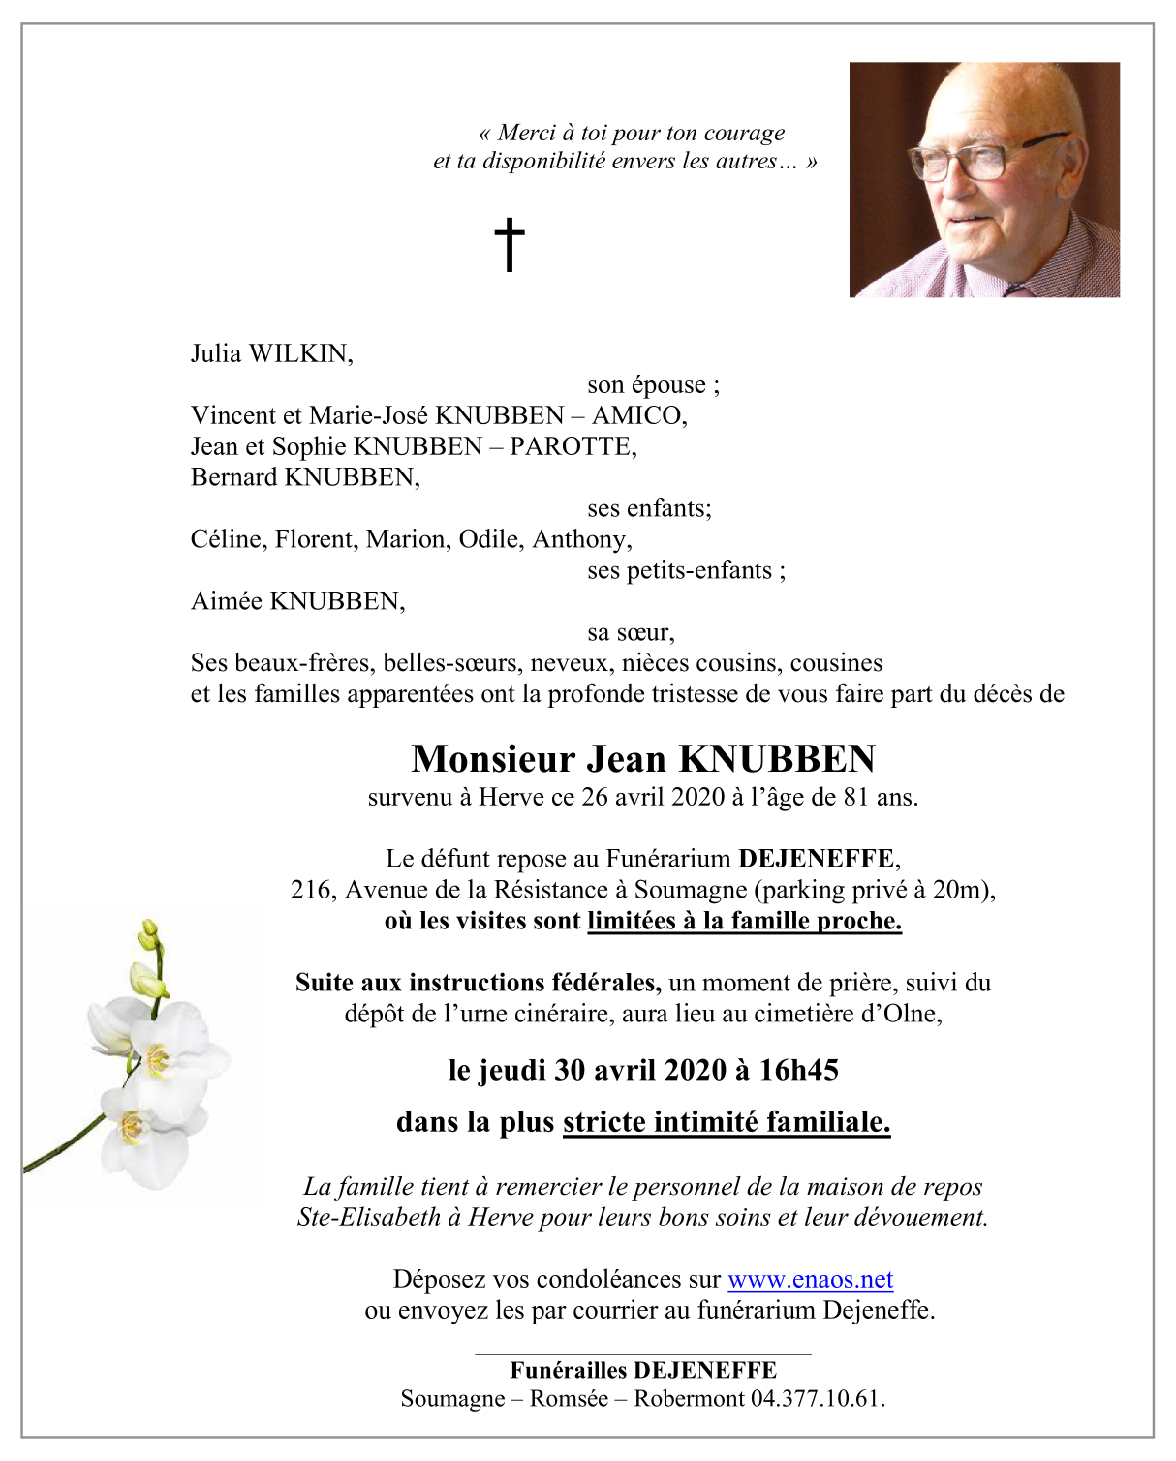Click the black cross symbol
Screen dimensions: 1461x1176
click(509, 243)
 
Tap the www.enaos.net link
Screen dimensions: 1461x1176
click(810, 1279)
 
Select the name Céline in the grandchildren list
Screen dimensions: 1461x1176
click(227, 539)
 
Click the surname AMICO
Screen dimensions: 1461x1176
click(638, 415)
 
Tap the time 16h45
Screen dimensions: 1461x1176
click(798, 1070)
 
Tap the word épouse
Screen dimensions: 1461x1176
click(668, 385)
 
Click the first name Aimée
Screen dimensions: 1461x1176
click(227, 601)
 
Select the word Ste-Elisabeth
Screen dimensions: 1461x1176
click(369, 1217)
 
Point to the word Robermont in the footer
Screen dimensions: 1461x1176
click(689, 1399)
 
